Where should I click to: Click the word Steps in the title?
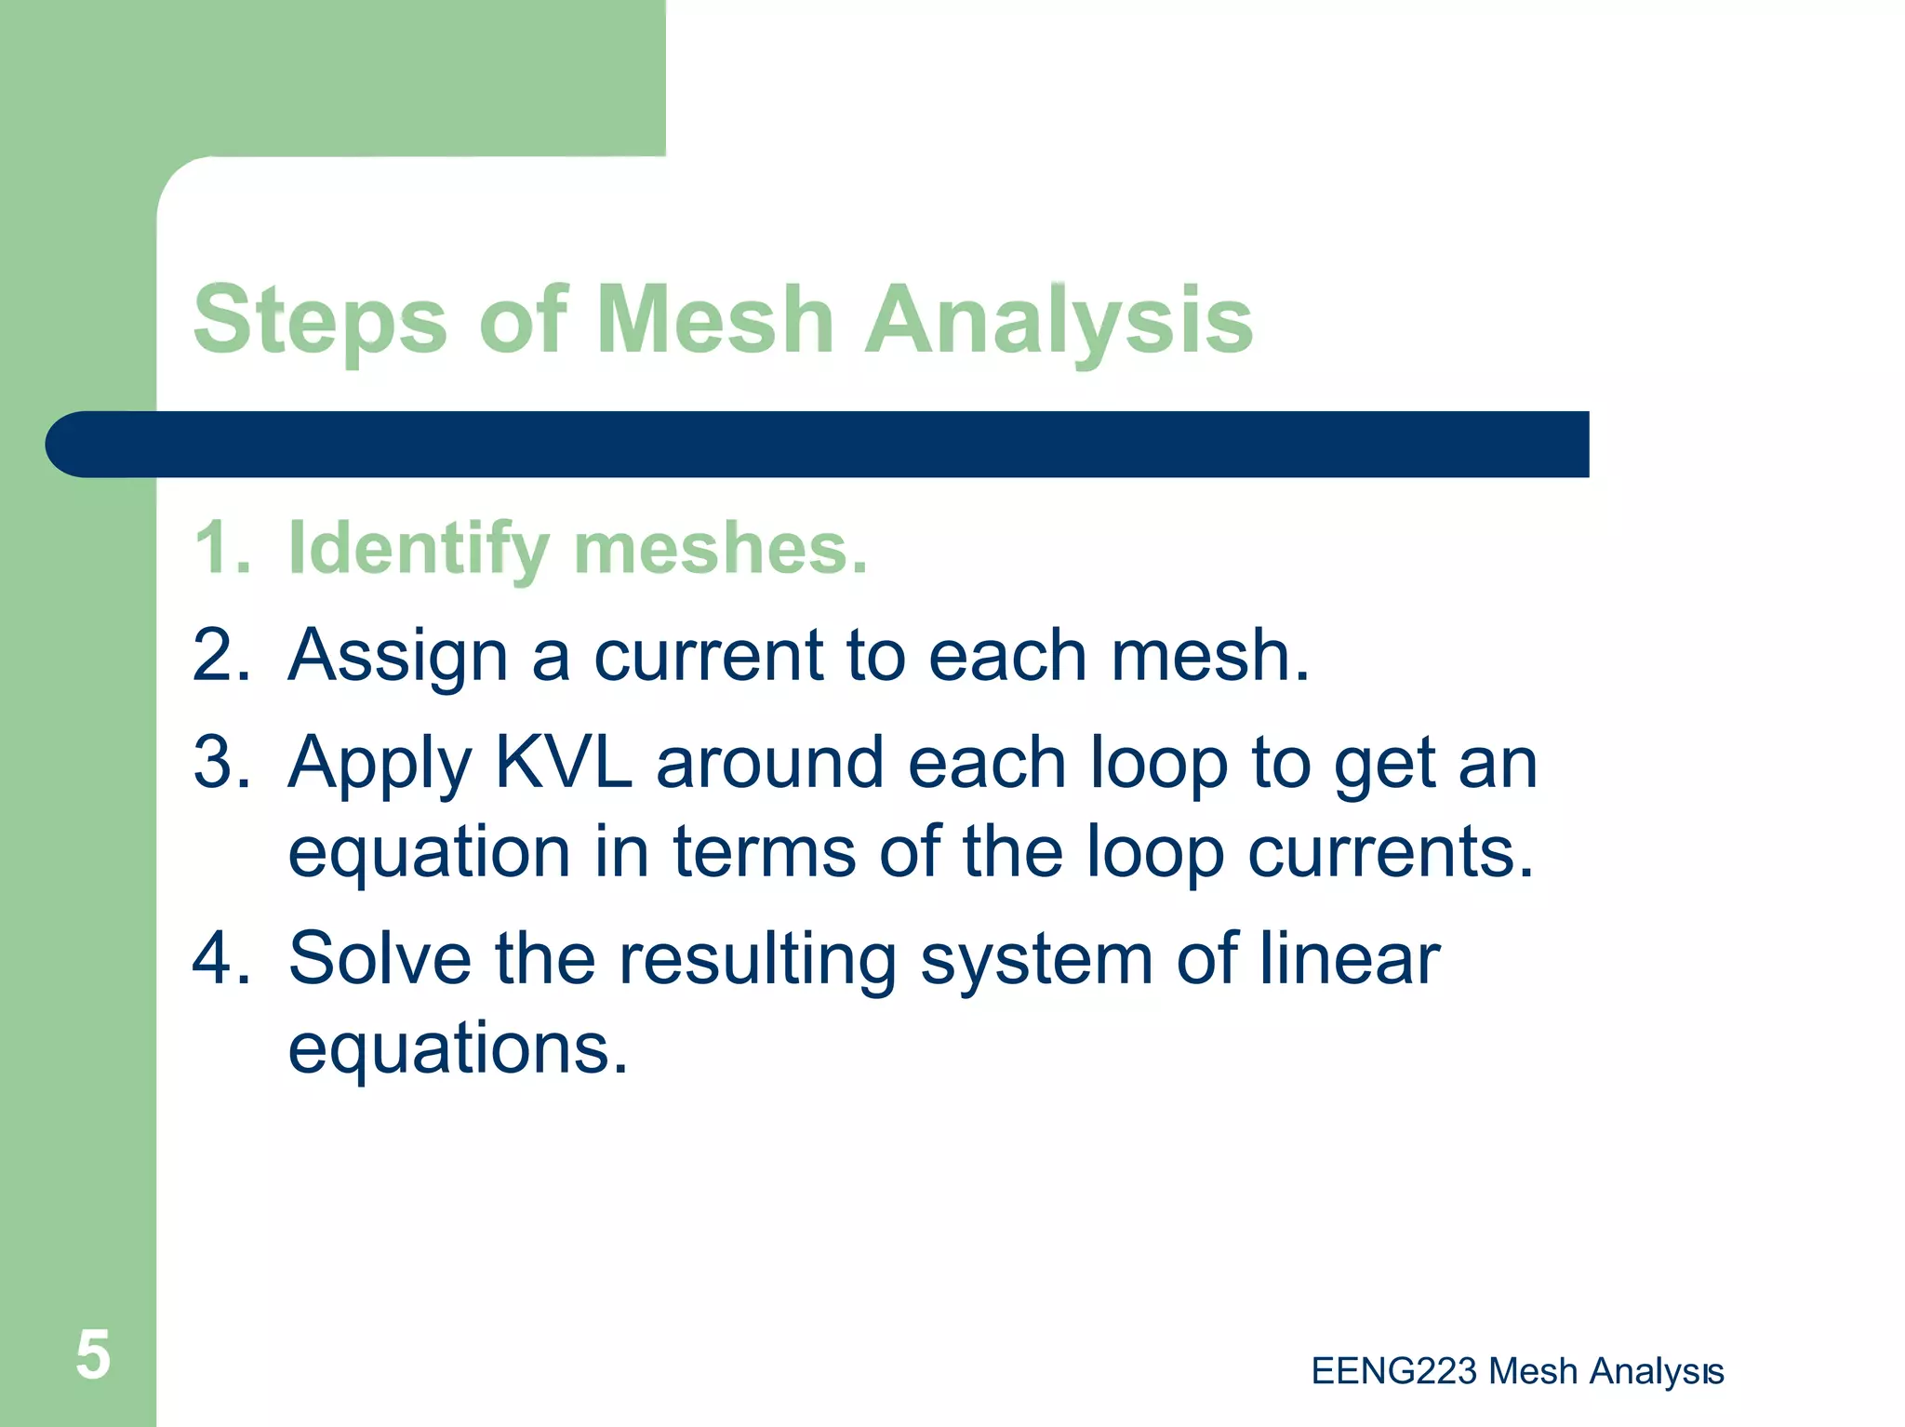(x=320, y=321)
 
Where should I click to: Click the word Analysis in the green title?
(x=1059, y=321)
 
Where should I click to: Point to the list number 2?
(x=221, y=655)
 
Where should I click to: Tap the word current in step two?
(x=708, y=655)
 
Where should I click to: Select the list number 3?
(x=221, y=762)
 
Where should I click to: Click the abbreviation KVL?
(x=564, y=762)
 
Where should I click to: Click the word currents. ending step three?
(x=1390, y=850)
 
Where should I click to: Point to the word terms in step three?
(x=764, y=850)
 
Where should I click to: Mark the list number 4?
(x=221, y=958)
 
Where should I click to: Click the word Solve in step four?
(x=380, y=958)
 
